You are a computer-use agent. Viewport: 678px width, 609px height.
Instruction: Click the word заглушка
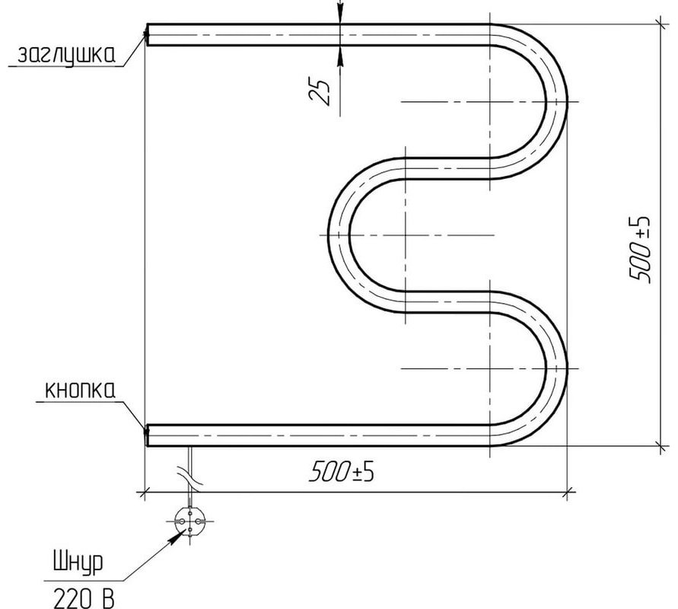click(x=66, y=55)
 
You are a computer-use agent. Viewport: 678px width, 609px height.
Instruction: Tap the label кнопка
click(x=81, y=390)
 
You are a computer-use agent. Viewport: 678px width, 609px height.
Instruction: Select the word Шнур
click(x=78, y=563)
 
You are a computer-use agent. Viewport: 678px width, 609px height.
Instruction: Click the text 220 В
click(x=84, y=599)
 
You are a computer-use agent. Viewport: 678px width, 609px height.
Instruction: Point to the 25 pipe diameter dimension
click(x=320, y=91)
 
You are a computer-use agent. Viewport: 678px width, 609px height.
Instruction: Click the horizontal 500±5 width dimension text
click(x=342, y=471)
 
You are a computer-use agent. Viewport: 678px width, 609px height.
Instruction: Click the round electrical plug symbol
click(x=189, y=521)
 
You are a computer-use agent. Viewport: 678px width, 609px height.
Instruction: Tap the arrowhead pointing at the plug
click(x=174, y=538)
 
